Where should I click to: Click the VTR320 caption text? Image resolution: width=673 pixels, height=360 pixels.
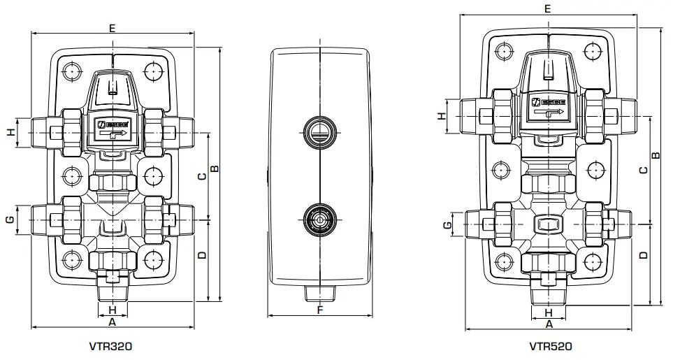click(110, 345)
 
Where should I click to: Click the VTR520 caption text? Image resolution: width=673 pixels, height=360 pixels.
click(550, 345)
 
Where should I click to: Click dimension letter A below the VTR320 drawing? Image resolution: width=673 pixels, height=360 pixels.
click(110, 322)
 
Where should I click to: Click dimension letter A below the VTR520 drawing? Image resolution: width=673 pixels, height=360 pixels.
click(549, 324)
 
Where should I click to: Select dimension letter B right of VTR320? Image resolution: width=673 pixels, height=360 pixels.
click(215, 168)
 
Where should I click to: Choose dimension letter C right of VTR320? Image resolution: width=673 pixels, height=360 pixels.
click(201, 176)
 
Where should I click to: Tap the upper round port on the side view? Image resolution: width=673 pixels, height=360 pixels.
click(319, 131)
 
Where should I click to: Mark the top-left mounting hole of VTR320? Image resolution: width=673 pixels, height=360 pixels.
click(71, 71)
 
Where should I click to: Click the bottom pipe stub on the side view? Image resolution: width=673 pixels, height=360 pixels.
click(319, 291)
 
